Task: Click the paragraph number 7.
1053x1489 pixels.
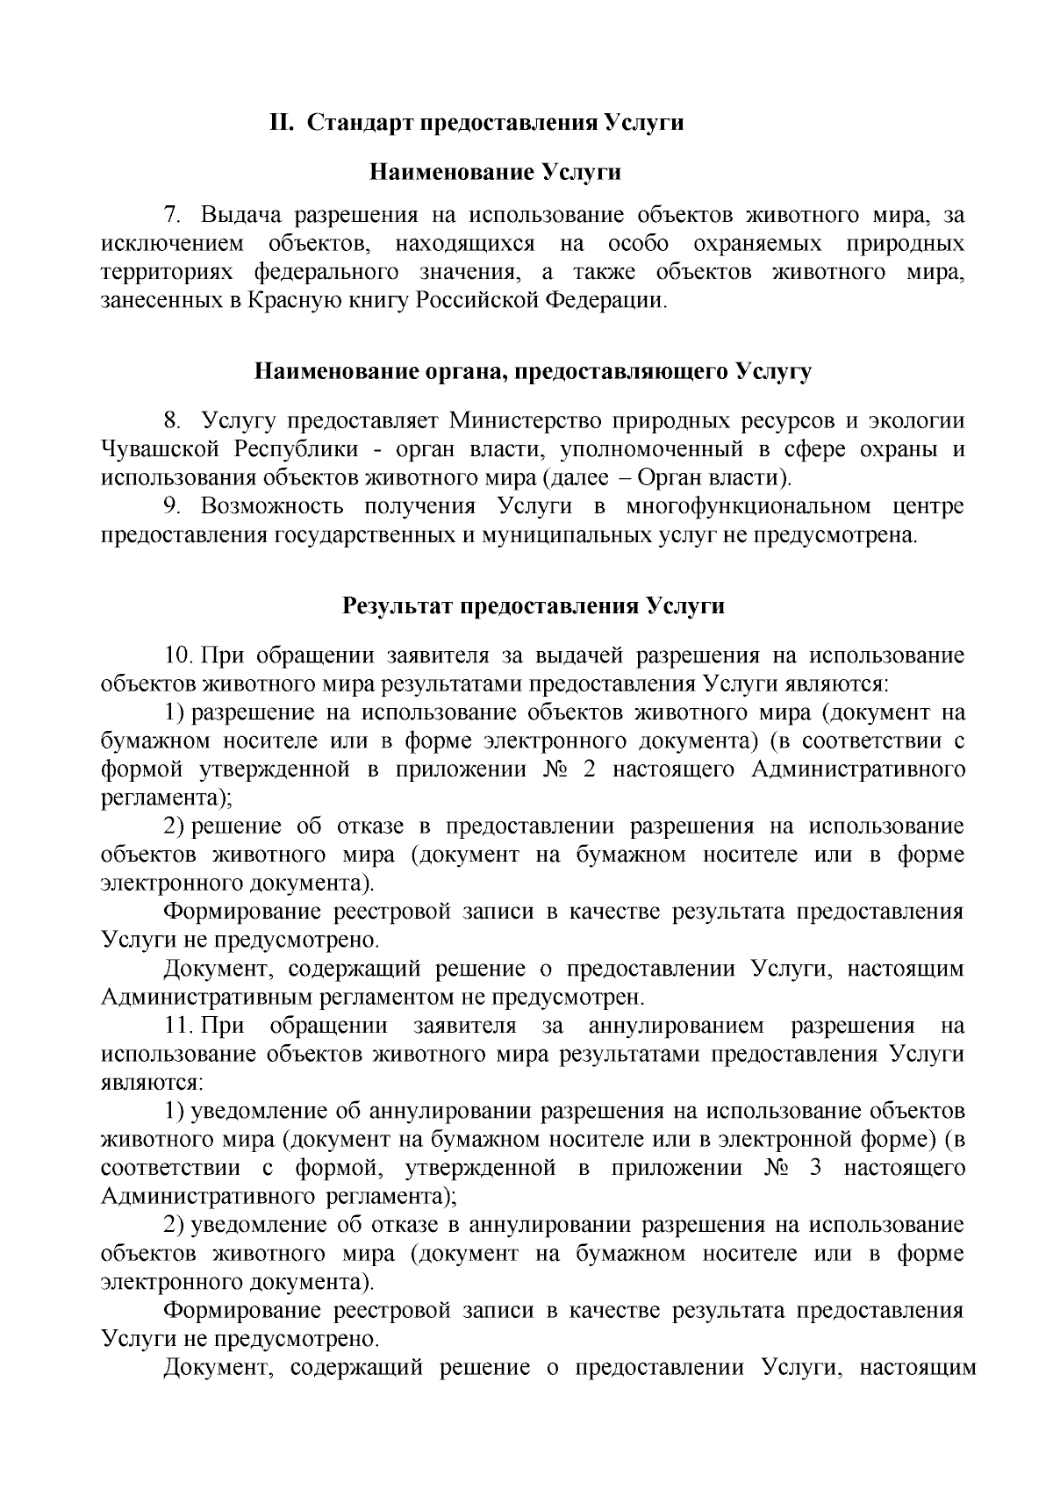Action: [171, 215]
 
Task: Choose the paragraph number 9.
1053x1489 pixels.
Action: [172, 506]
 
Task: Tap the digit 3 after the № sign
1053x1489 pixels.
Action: [816, 1169]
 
